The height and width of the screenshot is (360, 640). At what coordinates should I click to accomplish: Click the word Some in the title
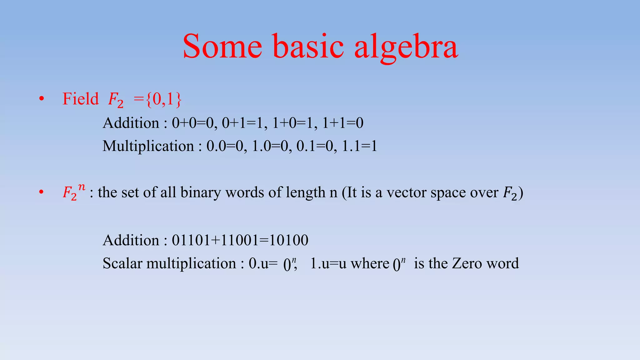222,47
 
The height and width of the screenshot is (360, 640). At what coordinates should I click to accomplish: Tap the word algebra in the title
406,47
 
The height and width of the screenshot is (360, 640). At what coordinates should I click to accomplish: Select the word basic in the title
308,47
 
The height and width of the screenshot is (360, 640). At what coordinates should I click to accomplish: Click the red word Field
80,99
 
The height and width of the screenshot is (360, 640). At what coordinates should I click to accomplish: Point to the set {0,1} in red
163,99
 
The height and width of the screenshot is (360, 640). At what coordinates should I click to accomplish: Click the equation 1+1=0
343,123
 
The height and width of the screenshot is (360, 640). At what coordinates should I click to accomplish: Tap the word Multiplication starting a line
148,146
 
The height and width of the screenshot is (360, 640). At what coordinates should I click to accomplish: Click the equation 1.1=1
359,146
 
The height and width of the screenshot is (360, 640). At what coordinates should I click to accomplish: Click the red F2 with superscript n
74,192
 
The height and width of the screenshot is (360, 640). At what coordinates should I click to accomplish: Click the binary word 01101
191,240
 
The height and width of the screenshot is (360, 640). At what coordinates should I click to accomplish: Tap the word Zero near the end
467,263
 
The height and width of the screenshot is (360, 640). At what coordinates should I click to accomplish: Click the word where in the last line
370,263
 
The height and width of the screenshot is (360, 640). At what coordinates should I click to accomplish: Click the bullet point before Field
42,99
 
